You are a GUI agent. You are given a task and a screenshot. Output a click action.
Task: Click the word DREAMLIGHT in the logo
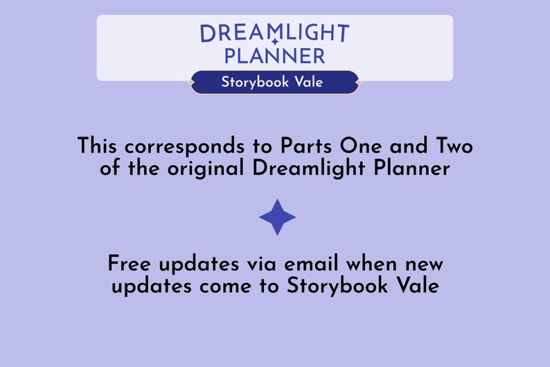tap(274, 33)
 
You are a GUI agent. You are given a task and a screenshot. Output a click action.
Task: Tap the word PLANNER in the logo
tap(274, 56)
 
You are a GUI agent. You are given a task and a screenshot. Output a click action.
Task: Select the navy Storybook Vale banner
tap(274, 82)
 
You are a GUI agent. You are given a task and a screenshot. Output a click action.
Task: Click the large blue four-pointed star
tap(277, 217)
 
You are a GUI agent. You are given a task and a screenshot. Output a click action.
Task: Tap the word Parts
tap(307, 146)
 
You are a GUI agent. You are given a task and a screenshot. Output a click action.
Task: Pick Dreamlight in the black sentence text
tap(304, 169)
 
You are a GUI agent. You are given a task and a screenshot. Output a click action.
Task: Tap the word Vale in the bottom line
tap(415, 286)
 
